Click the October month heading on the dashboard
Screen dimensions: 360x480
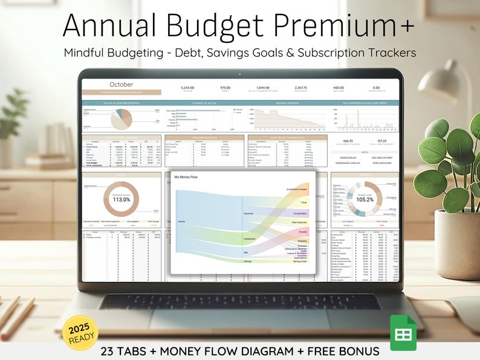121,85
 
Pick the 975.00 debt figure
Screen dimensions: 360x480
225,88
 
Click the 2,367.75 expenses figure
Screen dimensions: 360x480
300,88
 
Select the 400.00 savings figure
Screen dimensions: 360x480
338,88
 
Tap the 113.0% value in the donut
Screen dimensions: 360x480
122,199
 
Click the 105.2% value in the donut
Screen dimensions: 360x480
365,199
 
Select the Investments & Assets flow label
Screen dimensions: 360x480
293,189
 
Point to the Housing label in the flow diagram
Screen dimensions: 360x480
302,231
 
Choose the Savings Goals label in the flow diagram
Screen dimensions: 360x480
300,262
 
